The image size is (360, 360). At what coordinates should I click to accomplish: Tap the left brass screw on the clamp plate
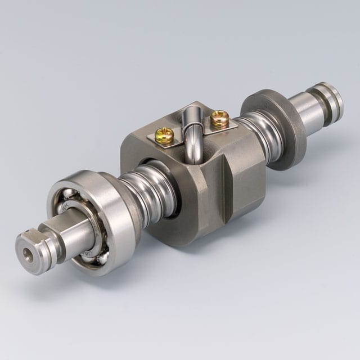pyautogui.click(x=164, y=136)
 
